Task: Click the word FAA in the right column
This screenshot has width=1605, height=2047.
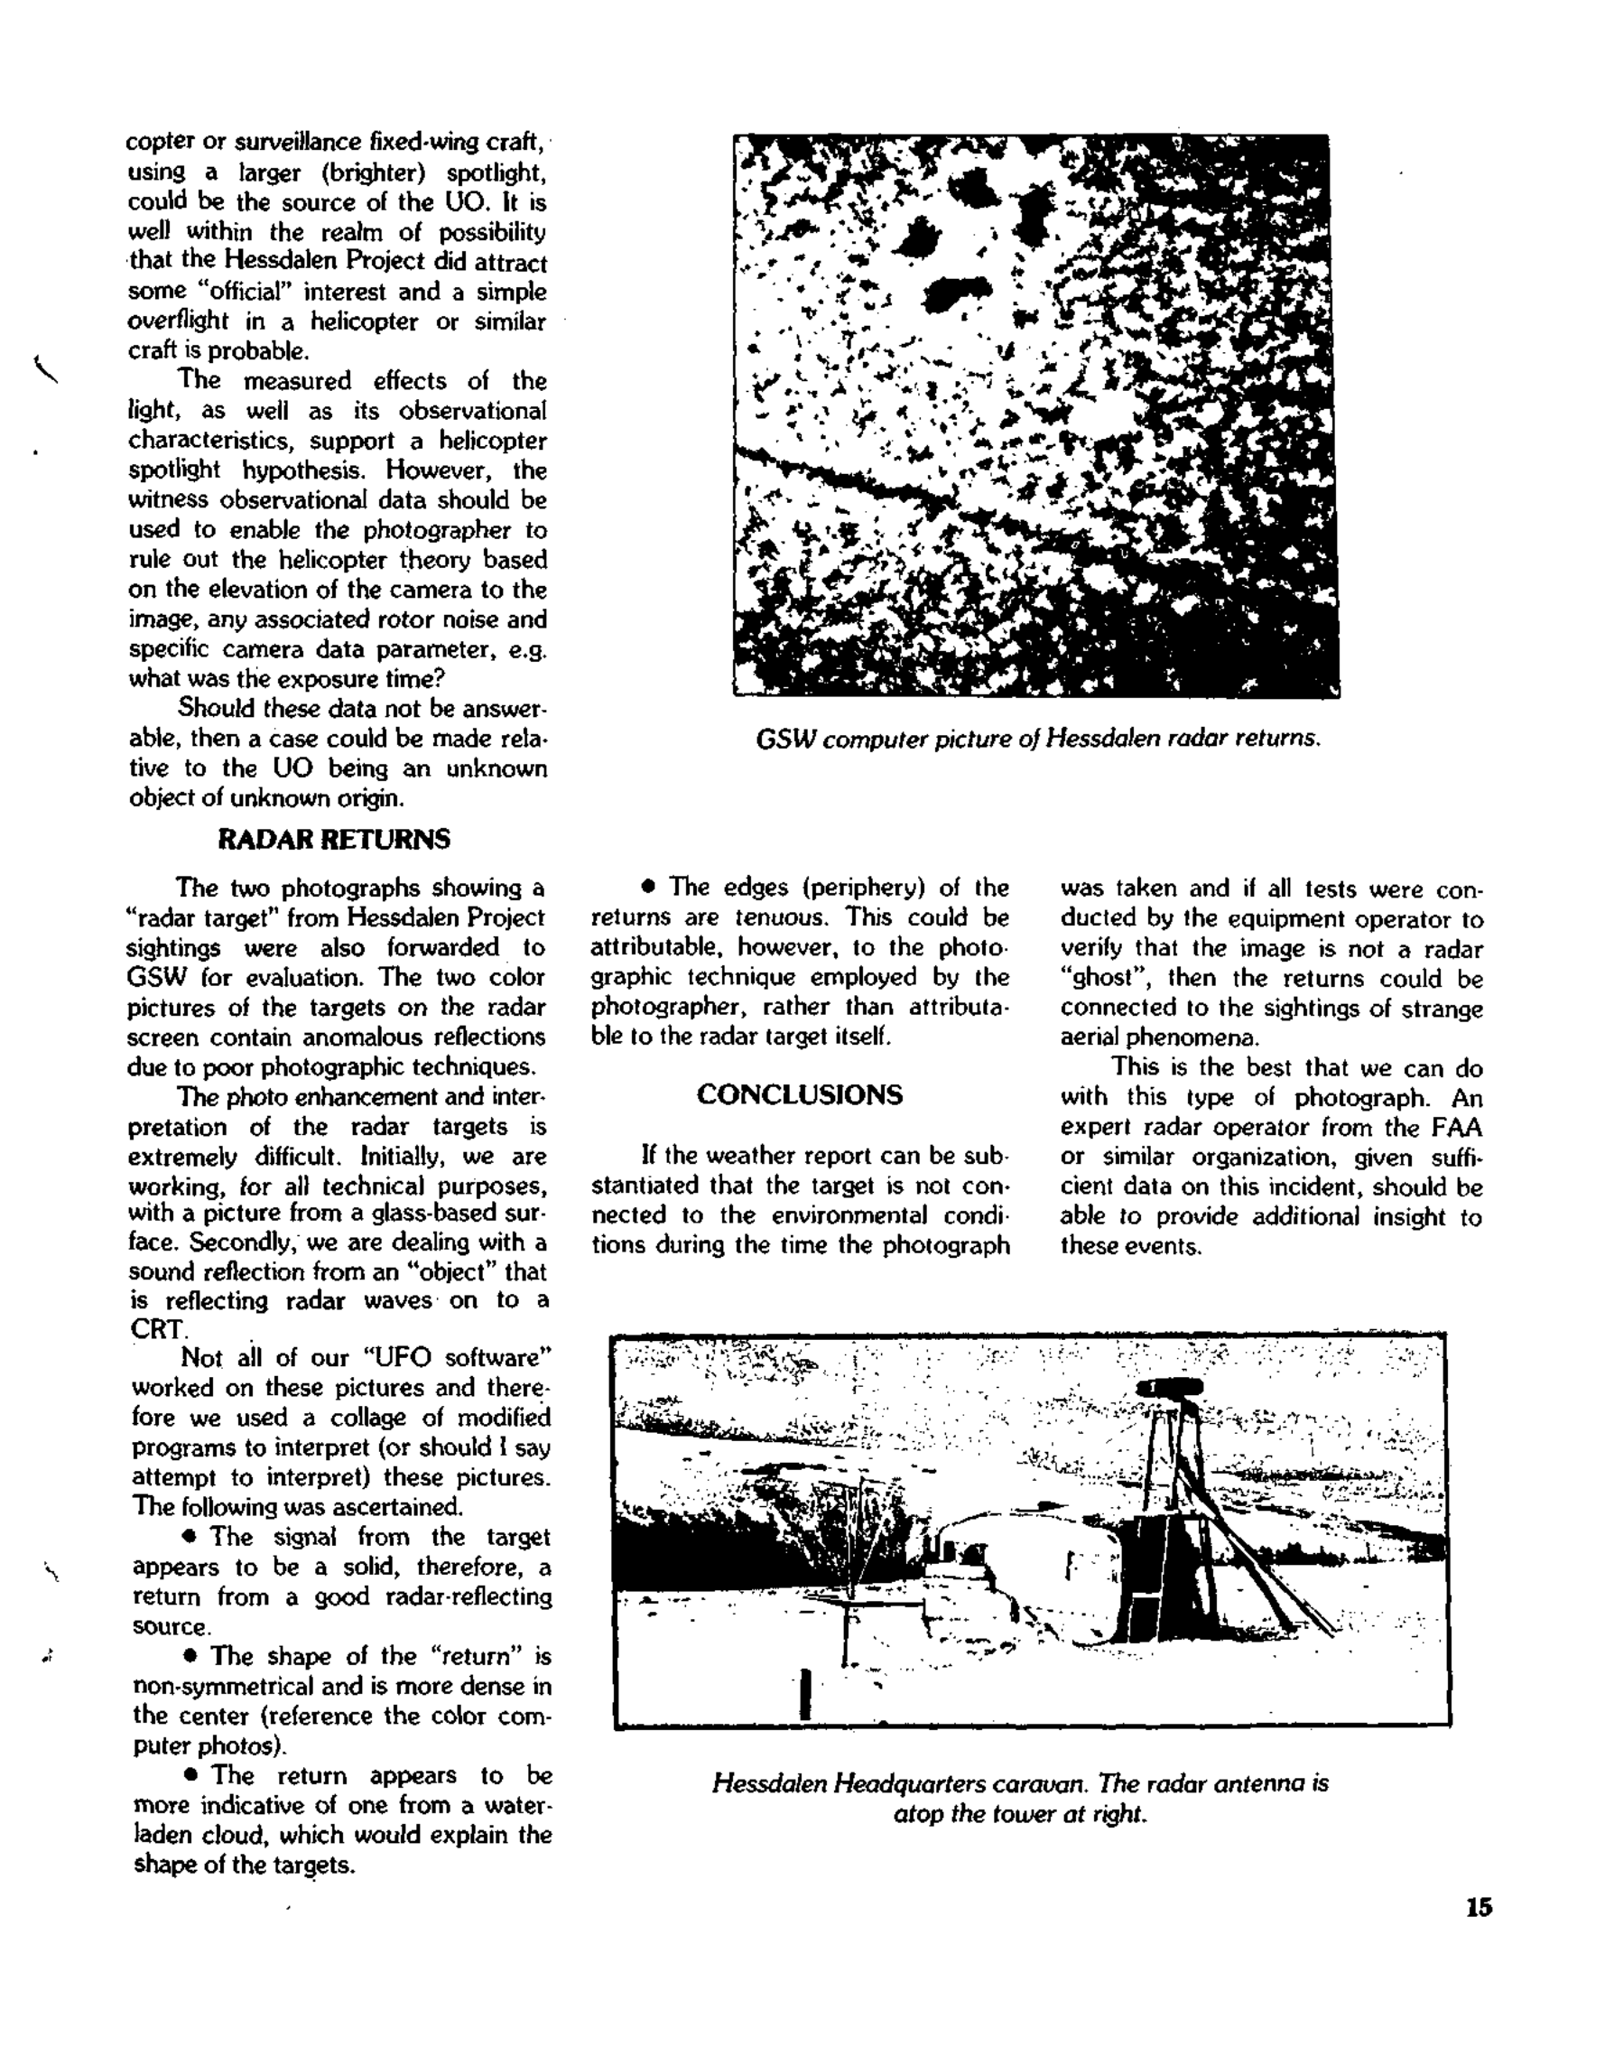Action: [1454, 1128]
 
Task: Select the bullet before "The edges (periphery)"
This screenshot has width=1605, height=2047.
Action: [647, 888]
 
